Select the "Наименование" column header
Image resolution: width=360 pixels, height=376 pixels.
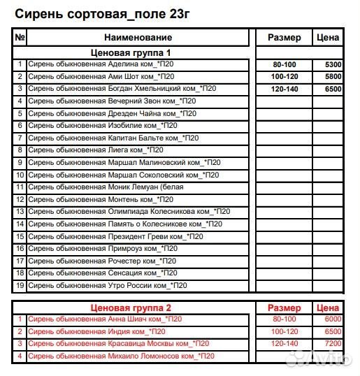[x=138, y=37]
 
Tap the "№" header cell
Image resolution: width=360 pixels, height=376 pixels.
[x=20, y=37]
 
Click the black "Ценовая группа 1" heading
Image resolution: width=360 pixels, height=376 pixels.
[x=131, y=52]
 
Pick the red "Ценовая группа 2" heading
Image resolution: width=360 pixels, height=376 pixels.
[x=131, y=308]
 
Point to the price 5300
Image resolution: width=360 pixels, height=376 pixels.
[x=333, y=64]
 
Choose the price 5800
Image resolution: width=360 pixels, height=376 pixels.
[x=333, y=76]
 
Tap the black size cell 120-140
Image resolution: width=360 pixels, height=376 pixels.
[x=285, y=89]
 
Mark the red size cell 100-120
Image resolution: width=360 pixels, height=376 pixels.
[x=285, y=332]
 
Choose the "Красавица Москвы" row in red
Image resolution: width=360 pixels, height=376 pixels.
[x=118, y=344]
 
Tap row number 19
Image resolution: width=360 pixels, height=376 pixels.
[x=20, y=285]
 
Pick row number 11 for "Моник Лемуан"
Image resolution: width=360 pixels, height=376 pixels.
[x=20, y=187]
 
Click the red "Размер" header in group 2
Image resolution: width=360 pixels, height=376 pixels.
[x=285, y=308]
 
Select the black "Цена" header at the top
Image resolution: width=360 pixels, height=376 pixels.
[x=328, y=37]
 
